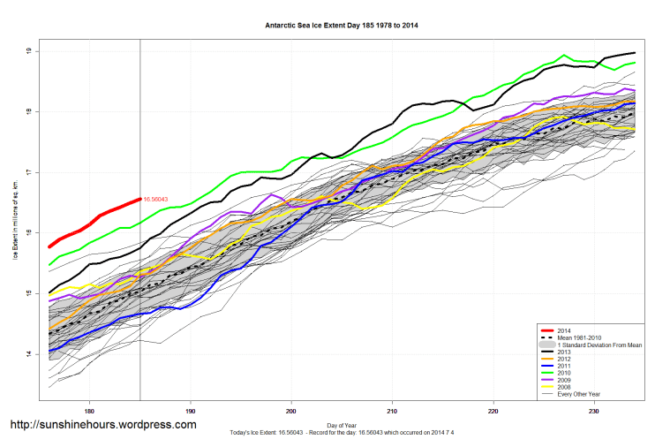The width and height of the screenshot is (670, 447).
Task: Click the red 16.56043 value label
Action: coord(155,200)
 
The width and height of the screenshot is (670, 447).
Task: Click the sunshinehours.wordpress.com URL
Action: coord(102,425)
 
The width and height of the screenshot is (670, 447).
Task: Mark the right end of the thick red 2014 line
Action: coord(139,200)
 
